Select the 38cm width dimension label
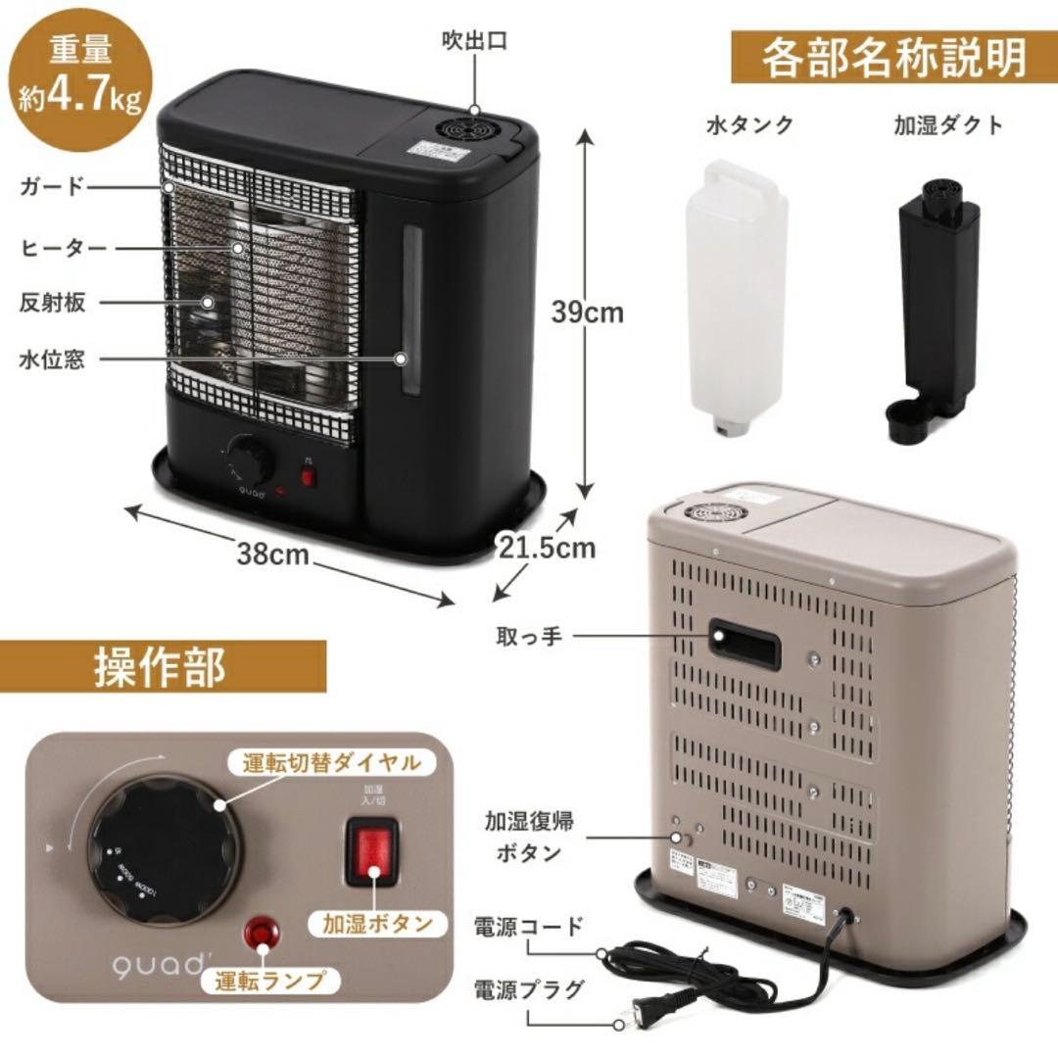click(272, 554)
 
